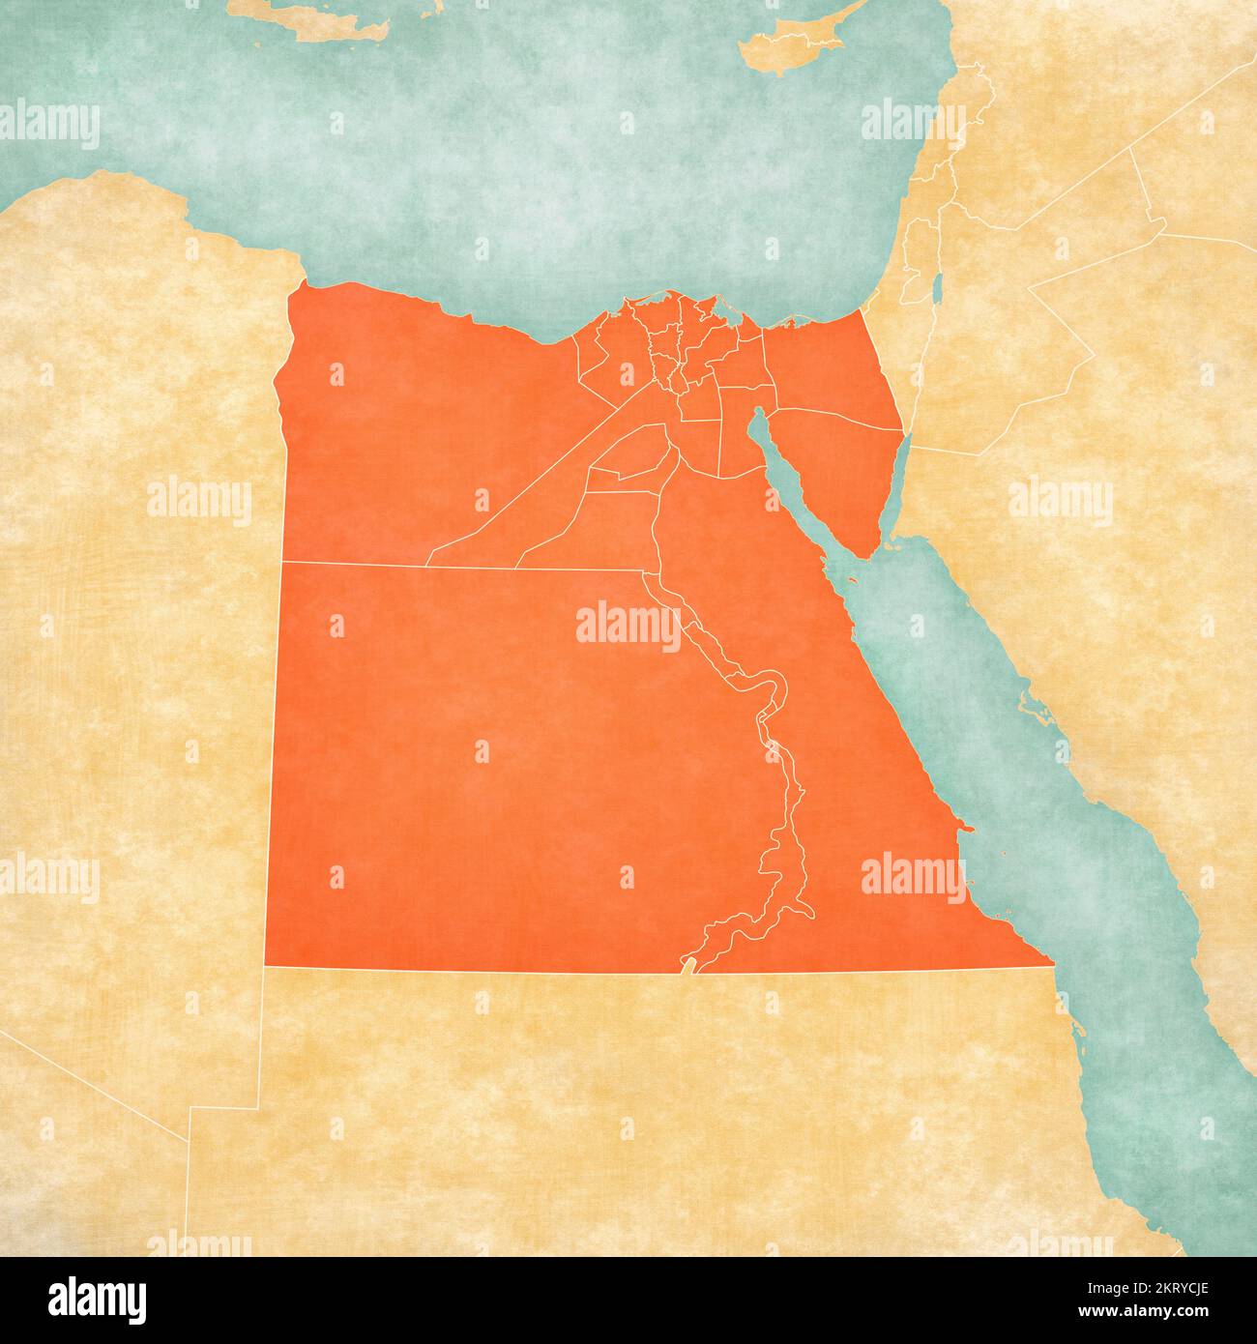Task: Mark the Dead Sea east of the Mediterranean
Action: [x=938, y=287]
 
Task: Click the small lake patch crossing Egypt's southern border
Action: [x=688, y=966]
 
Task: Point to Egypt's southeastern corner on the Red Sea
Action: [x=1051, y=962]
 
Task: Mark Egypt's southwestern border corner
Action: [x=266, y=964]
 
